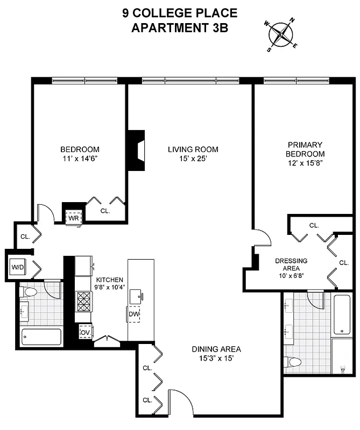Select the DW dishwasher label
coord(133,314)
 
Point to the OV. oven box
coord(84,332)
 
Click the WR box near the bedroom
coord(73,218)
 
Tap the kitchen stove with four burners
coord(84,302)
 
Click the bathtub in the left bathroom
coord(40,337)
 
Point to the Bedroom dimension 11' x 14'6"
coord(80,159)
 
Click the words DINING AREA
coord(216,348)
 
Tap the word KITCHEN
coord(110,280)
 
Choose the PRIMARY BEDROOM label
coord(305,149)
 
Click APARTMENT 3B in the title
coord(179,28)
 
